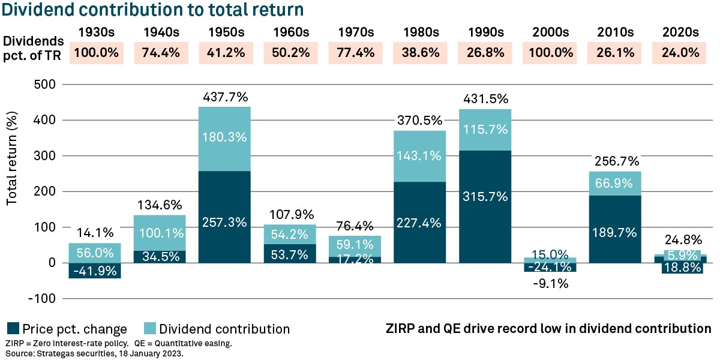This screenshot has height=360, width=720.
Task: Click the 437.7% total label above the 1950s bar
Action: coord(224,97)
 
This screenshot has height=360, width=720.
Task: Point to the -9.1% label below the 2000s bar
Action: coord(551,282)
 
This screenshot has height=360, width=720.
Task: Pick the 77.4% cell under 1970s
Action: coord(356,53)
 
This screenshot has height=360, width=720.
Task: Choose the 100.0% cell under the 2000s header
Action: coord(551,53)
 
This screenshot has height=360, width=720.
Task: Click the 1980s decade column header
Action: coord(421,31)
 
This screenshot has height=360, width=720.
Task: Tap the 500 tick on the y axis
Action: coord(44,85)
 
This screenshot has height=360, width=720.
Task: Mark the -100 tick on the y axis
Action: coord(42,298)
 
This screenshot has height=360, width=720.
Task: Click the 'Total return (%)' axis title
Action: coord(12,160)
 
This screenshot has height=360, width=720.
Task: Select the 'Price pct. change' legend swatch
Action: coord(13,328)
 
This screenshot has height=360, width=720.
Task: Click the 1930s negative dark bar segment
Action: coord(95,271)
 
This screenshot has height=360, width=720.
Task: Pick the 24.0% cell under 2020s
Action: coord(681,53)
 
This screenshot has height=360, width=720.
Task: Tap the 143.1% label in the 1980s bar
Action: coord(421,156)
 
